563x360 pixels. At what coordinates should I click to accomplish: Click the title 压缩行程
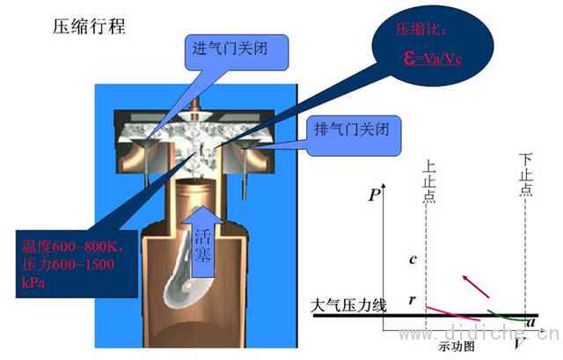click(90, 25)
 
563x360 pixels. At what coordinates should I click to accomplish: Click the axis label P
click(375, 195)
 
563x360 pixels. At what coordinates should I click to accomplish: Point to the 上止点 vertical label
click(428, 181)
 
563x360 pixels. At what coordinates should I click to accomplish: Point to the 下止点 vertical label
click(525, 177)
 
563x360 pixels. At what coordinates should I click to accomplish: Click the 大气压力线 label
click(347, 306)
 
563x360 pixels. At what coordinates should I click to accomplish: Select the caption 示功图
click(457, 347)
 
